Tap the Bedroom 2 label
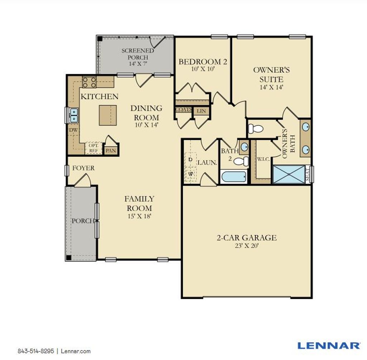pyautogui.click(x=203, y=62)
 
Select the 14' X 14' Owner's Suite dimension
pyautogui.click(x=272, y=87)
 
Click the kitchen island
pyautogui.click(x=108, y=115)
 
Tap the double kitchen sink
pyautogui.click(x=73, y=115)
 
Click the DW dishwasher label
pyautogui.click(x=73, y=130)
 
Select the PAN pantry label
pyautogui.click(x=111, y=150)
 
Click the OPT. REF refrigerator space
pyautogui.click(x=93, y=148)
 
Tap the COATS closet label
pyautogui.click(x=183, y=110)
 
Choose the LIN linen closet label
pyautogui.click(x=201, y=111)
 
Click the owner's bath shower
pyautogui.click(x=289, y=174)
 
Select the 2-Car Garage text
pyautogui.click(x=247, y=237)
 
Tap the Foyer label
pyautogui.click(x=83, y=168)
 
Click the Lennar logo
pyautogui.click(x=329, y=345)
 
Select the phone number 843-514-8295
pyautogui.click(x=36, y=351)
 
